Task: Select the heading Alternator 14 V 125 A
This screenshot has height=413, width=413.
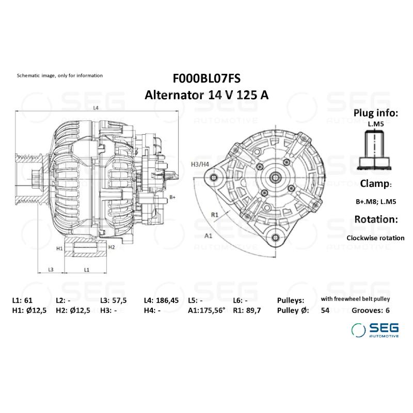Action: [x=206, y=95]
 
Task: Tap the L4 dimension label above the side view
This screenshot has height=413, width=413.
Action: [x=96, y=108]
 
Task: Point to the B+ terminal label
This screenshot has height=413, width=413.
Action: [x=173, y=197]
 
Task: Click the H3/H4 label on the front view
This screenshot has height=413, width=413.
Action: [x=200, y=164]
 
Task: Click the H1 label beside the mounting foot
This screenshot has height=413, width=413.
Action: [x=59, y=248]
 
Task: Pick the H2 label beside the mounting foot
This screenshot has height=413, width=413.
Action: [x=111, y=247]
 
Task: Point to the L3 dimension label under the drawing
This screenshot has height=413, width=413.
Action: [x=51, y=269]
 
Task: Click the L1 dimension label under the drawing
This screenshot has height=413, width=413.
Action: [x=87, y=269]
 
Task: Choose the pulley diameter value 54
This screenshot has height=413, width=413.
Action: [x=325, y=310]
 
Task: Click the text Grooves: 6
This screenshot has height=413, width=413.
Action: [x=371, y=310]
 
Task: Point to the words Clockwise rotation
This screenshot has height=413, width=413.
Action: [x=375, y=238]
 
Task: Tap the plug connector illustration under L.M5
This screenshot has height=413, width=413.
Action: [x=375, y=149]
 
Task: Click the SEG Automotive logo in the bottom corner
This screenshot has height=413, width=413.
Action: [x=375, y=330]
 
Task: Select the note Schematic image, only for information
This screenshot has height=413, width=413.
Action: [x=60, y=75]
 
